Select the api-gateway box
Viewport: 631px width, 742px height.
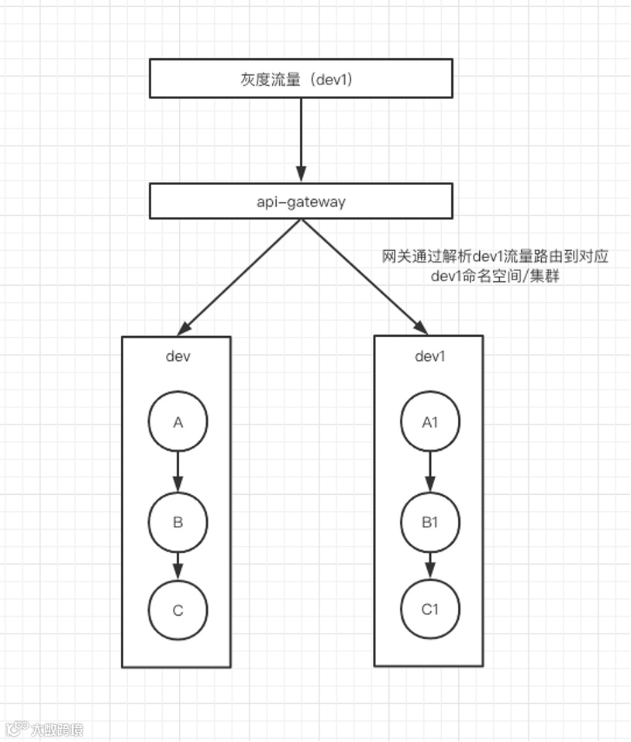pos(301,201)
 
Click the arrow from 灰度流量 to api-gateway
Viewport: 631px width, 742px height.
pos(301,139)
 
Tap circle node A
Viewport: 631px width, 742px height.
pos(178,422)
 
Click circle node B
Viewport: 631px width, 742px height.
pos(178,521)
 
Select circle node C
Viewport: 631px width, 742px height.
pos(178,610)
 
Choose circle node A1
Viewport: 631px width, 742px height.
pos(429,422)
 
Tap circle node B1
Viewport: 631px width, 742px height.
pos(429,521)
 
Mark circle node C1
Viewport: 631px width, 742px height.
pos(429,609)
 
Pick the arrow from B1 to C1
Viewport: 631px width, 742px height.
pos(429,565)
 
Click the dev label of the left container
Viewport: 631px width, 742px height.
pos(178,356)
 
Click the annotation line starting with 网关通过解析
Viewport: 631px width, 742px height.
pos(495,256)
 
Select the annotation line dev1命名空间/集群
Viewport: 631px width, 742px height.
pos(495,277)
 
